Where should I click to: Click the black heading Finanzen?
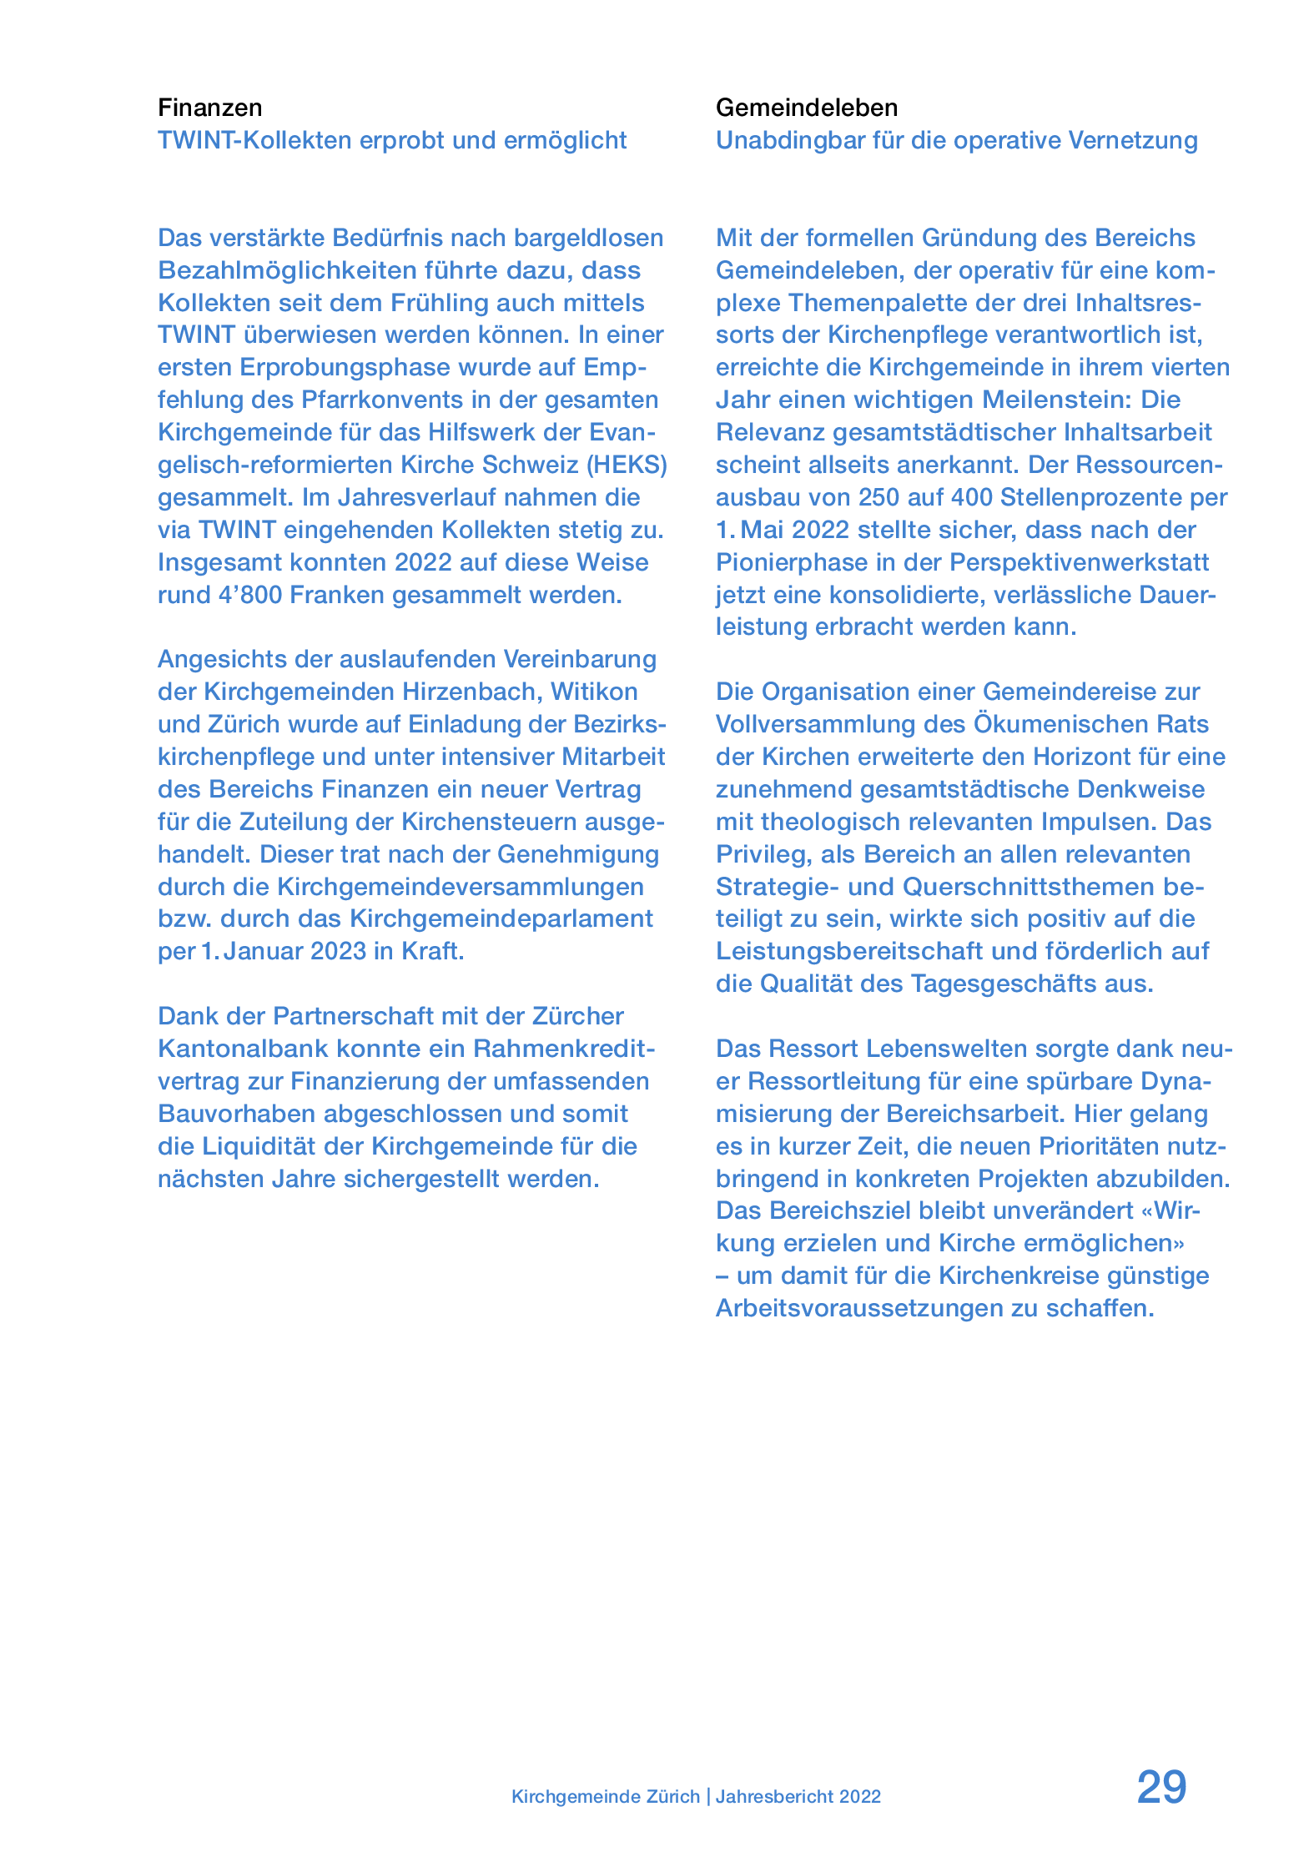pyautogui.click(x=209, y=108)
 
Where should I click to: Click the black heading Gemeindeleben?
pyautogui.click(x=806, y=108)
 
